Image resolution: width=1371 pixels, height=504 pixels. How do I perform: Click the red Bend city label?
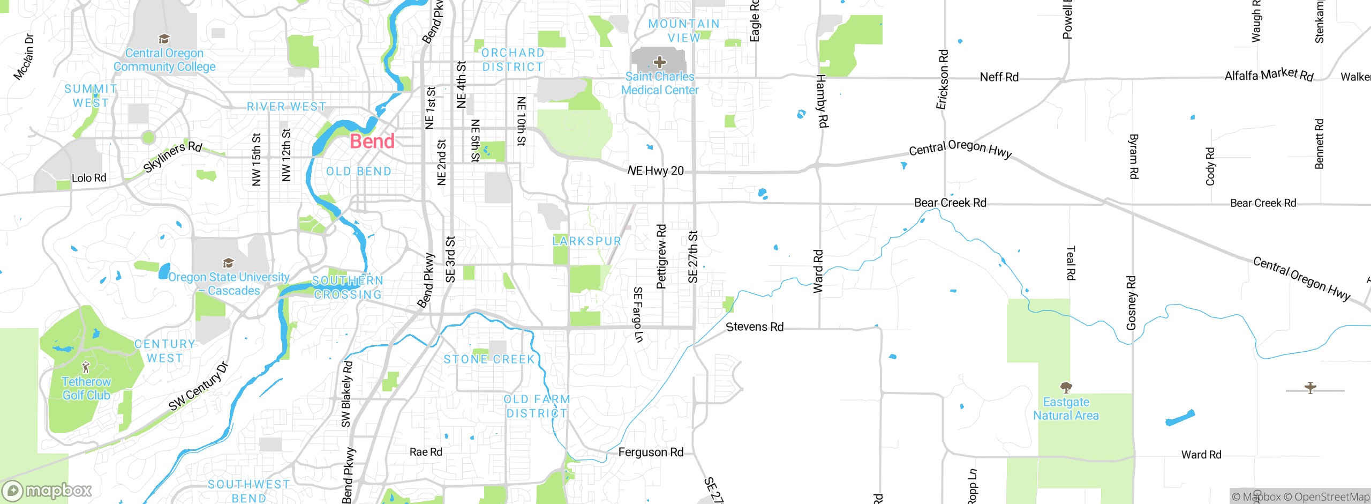(x=372, y=142)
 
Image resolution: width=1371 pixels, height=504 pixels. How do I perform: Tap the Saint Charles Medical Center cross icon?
(x=660, y=62)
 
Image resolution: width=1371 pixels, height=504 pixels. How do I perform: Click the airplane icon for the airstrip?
(x=1310, y=388)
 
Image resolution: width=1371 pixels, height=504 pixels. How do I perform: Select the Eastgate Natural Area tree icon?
(x=1066, y=387)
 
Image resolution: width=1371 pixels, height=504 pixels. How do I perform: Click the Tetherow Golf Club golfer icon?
(x=86, y=367)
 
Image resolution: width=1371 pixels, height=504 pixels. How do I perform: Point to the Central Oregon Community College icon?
(x=164, y=39)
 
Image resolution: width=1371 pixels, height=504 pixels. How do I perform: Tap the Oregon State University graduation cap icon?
(x=229, y=263)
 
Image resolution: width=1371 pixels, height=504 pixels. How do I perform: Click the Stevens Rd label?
(x=754, y=327)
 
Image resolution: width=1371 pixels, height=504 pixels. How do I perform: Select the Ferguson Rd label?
(x=651, y=452)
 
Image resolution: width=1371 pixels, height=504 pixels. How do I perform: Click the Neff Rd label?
(x=999, y=77)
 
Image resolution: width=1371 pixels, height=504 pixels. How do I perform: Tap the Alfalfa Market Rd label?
(x=1269, y=75)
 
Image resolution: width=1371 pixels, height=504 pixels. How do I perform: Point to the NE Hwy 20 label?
(x=656, y=171)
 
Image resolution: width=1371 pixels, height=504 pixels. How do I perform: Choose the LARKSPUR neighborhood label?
(x=587, y=241)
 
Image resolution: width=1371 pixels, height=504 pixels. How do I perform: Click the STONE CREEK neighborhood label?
(x=489, y=359)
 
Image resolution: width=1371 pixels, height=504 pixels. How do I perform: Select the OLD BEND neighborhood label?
(x=359, y=172)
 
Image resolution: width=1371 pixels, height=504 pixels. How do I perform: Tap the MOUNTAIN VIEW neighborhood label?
(x=684, y=31)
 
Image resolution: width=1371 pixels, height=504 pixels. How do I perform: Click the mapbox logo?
(x=47, y=491)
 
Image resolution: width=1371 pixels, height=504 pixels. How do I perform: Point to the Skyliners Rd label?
(x=172, y=157)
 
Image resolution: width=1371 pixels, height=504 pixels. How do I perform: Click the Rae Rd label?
(x=426, y=452)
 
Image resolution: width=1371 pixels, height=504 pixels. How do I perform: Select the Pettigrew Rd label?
(x=661, y=256)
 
